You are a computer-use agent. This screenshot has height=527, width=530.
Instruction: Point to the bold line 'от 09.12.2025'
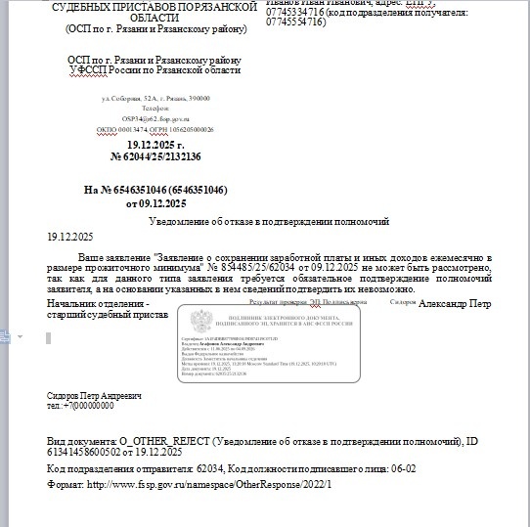point(155,203)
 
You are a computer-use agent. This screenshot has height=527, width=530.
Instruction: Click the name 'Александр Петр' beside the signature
point(455,306)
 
